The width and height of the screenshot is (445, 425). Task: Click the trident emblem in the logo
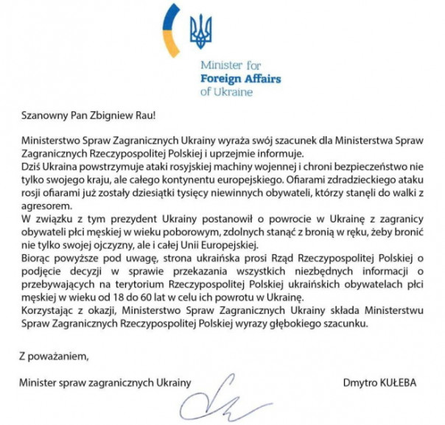[x=199, y=29]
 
